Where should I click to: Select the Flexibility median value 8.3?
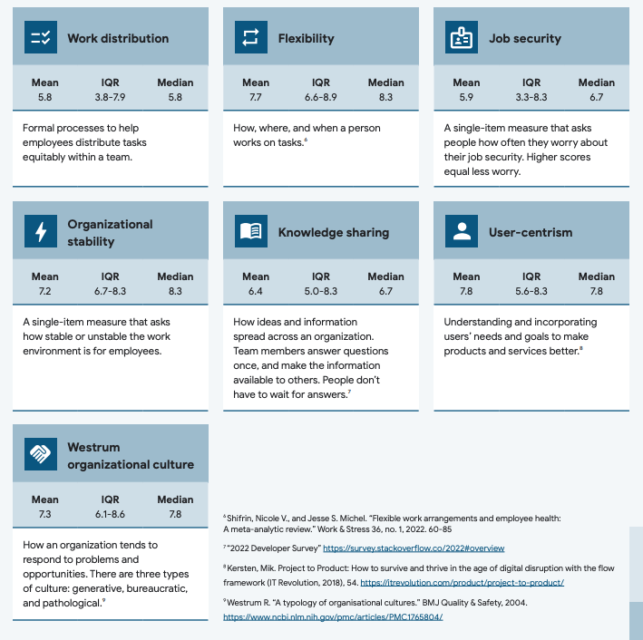tap(385, 96)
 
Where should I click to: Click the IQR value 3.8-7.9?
tap(111, 96)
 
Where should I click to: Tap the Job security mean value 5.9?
tap(466, 96)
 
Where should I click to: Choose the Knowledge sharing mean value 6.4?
tap(256, 290)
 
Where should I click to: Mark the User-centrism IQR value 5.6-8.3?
tap(531, 290)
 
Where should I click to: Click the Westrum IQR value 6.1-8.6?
tap(111, 513)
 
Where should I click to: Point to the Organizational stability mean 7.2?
tap(45, 290)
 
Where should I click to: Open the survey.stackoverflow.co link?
tap(414, 548)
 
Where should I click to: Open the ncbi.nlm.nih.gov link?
tap(333, 616)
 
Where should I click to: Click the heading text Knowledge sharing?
tap(333, 233)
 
